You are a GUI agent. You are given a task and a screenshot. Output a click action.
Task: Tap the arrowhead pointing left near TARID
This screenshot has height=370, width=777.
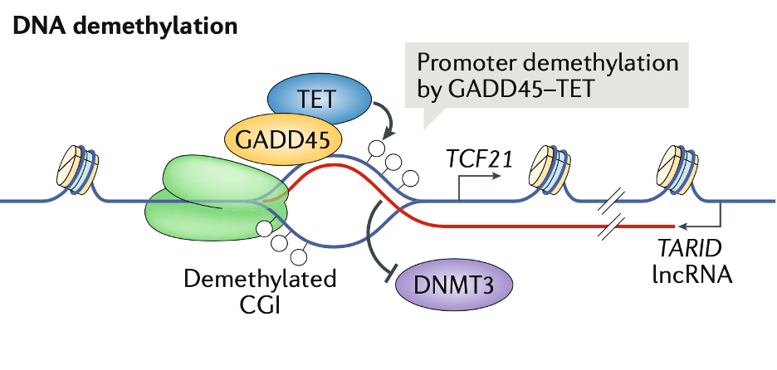684,226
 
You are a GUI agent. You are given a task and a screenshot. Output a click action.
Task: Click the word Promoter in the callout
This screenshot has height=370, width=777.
472,64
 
